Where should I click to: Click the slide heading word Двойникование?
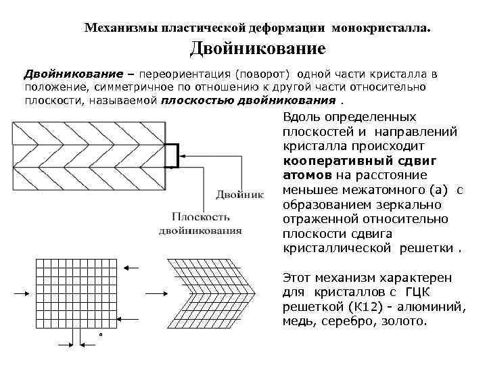[x=257, y=49]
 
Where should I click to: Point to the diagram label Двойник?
[x=239, y=195]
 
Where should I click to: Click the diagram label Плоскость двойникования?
[x=200, y=223]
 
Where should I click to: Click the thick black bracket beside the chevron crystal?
[x=174, y=155]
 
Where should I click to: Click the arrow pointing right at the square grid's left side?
[x=20, y=293]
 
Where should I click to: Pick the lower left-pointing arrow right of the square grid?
[x=130, y=320]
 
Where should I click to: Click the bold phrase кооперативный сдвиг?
[x=361, y=160]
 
